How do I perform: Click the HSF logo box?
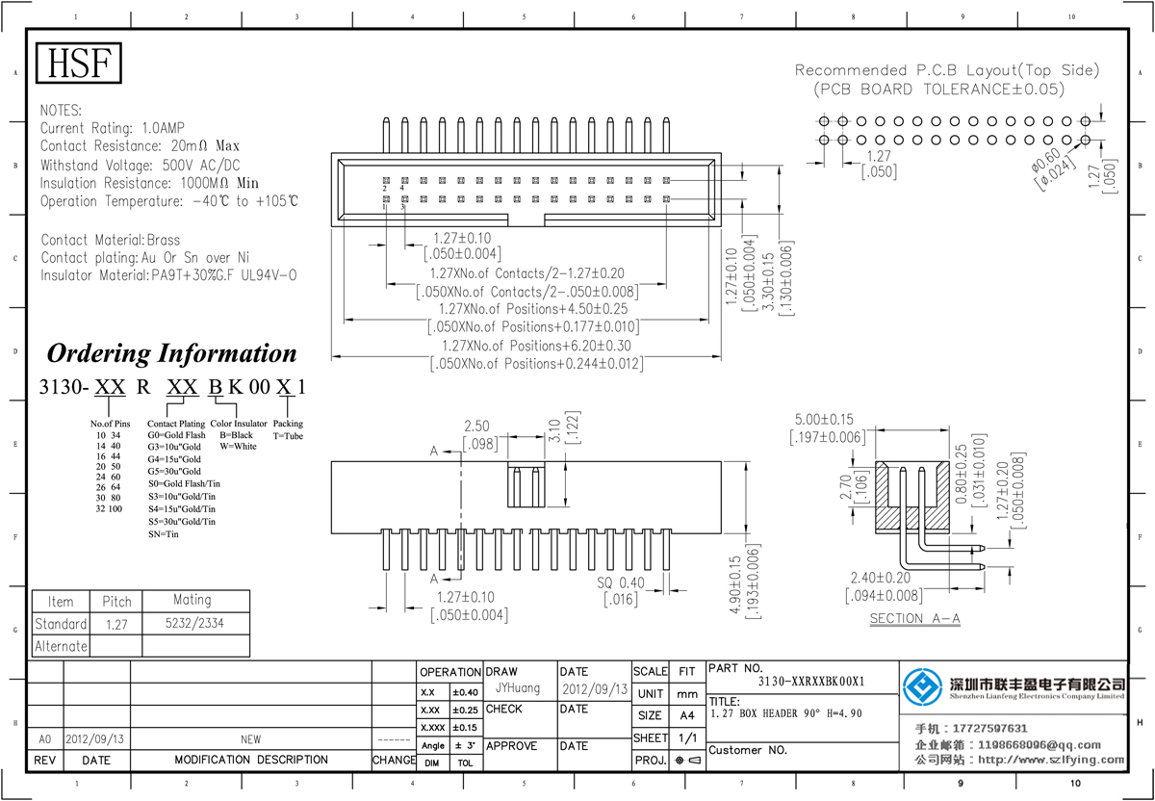tap(80, 64)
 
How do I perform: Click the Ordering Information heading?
tap(171, 353)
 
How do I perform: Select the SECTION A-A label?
tap(914, 618)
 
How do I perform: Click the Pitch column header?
tap(116, 601)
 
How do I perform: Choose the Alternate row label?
tap(61, 646)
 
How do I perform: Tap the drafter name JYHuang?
tap(518, 689)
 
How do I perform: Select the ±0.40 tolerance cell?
tap(464, 692)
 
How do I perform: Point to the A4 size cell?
tap(686, 715)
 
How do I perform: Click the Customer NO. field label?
tap(748, 750)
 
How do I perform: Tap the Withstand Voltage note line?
tap(141, 165)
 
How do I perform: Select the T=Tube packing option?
tap(288, 435)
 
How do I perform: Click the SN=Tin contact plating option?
tap(163, 533)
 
